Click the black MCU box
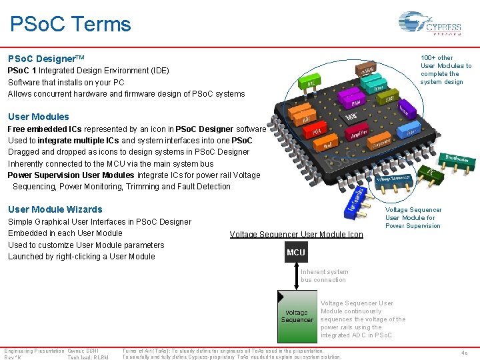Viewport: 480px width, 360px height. click(x=295, y=253)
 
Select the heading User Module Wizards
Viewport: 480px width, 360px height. click(x=55, y=209)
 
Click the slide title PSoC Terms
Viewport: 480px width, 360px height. click(x=71, y=25)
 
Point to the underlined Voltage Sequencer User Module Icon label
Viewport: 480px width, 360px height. click(x=296, y=235)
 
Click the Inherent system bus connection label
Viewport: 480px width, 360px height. click(x=324, y=276)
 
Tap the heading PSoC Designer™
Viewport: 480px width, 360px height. click(x=46, y=59)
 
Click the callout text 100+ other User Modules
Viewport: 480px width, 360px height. click(x=445, y=70)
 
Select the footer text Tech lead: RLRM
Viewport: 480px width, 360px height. click(x=88, y=357)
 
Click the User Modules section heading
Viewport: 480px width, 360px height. click(x=39, y=117)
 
